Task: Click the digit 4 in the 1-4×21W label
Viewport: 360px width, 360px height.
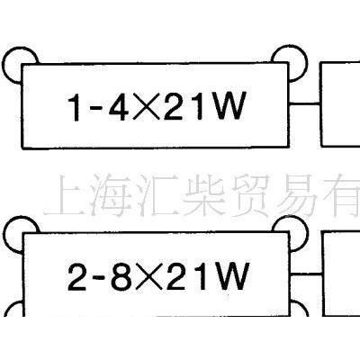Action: [x=116, y=106]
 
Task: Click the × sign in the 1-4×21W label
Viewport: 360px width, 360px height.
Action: [x=143, y=106]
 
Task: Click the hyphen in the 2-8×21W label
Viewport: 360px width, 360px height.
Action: [x=100, y=278]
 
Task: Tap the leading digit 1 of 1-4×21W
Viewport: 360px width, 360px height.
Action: [x=75, y=107]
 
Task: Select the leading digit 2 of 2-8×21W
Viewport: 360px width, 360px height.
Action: [x=76, y=276]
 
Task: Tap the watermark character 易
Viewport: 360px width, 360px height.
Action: [x=301, y=195]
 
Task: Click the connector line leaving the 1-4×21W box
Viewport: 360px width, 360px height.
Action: [x=305, y=103]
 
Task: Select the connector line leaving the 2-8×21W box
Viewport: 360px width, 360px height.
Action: [x=306, y=274]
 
